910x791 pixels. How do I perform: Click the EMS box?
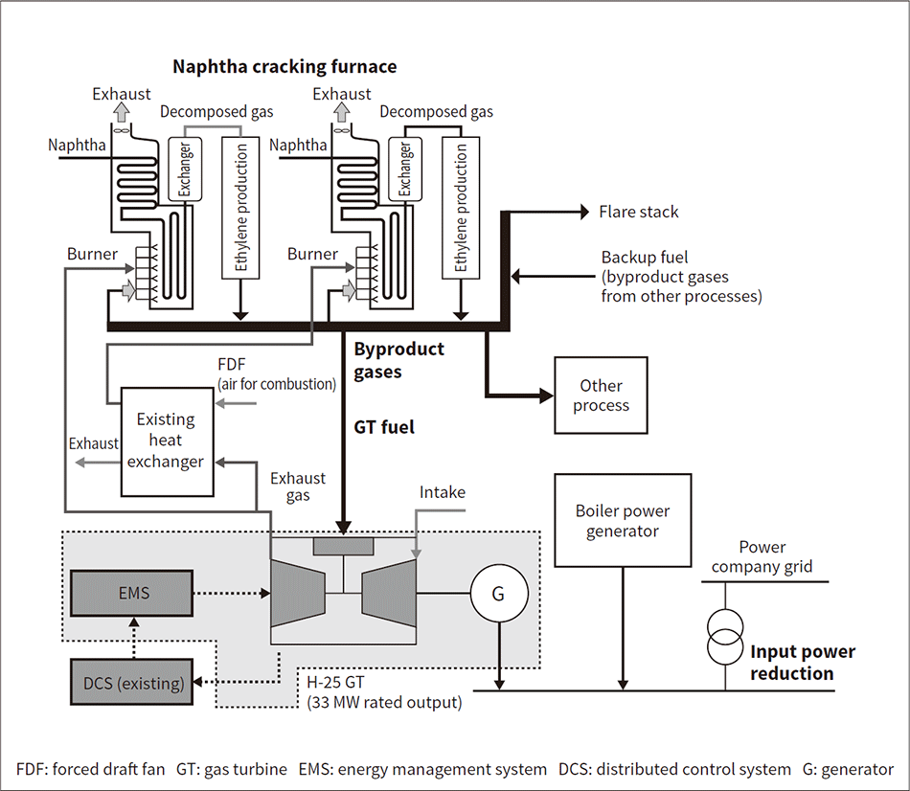[x=132, y=593]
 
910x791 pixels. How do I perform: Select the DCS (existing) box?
[x=132, y=682]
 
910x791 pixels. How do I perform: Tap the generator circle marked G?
[x=499, y=594]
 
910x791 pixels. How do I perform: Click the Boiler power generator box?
[x=623, y=521]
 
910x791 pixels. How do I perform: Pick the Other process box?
[x=601, y=395]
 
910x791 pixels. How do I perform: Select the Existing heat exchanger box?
[x=167, y=441]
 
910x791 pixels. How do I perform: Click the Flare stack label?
[x=638, y=212]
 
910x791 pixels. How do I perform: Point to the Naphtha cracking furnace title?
[x=284, y=67]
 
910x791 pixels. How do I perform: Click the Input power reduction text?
[x=802, y=662]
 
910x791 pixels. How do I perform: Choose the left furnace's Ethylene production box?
[x=240, y=208]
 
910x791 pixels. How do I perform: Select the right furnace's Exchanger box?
[x=405, y=169]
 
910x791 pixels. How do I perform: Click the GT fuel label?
[x=384, y=427]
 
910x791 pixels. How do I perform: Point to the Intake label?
[x=443, y=492]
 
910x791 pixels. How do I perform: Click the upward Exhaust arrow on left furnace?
[x=122, y=111]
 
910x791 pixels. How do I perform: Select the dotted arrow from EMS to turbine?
[x=232, y=593]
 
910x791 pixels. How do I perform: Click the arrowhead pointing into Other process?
[x=546, y=395]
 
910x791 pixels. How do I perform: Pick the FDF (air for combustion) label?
[x=277, y=374]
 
